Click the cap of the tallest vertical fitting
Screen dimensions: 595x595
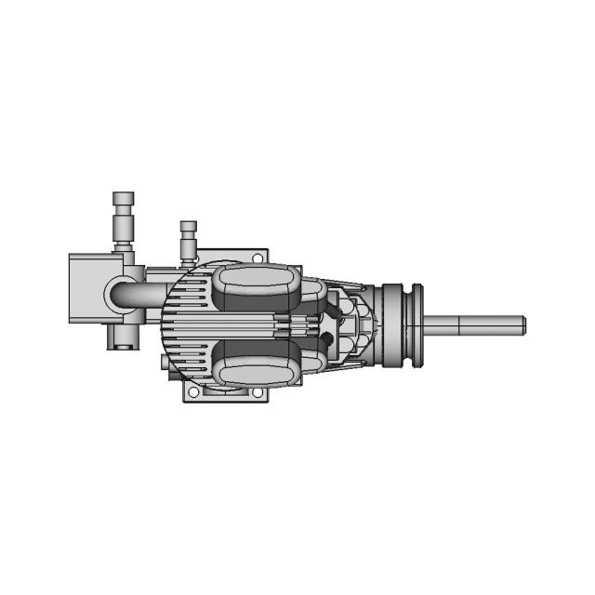pos(123,199)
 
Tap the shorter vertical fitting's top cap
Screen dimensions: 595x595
pos(188,227)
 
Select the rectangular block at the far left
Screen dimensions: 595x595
pos(87,287)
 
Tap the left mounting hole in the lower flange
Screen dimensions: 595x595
pos(193,393)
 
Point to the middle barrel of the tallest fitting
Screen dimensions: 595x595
pos(123,226)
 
